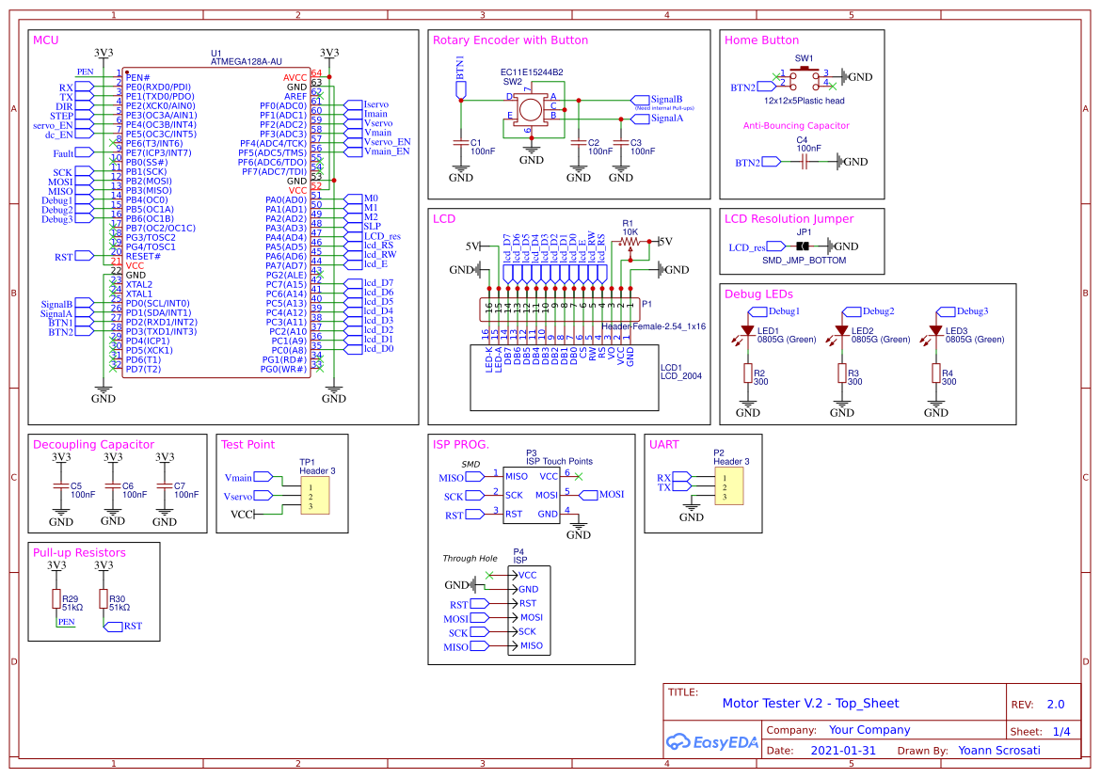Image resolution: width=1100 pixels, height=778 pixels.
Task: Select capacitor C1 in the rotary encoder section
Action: click(461, 142)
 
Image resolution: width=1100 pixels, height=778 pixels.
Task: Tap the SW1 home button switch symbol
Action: click(805, 77)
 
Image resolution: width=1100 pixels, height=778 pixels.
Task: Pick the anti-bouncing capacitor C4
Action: click(805, 162)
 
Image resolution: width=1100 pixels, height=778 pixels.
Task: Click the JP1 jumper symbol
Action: click(803, 246)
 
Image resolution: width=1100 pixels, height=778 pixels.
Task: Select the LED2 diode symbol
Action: click(841, 332)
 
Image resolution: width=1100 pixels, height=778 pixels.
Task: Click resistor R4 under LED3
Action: click(935, 374)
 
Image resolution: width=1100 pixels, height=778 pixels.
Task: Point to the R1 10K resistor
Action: click(630, 242)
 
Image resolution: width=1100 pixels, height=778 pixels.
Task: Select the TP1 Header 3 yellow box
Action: click(314, 495)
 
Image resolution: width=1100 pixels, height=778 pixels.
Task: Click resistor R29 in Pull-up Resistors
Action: click(56, 599)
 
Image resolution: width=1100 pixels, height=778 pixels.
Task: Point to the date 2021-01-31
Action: click(842, 751)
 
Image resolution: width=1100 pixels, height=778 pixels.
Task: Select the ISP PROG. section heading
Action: click(460, 445)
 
